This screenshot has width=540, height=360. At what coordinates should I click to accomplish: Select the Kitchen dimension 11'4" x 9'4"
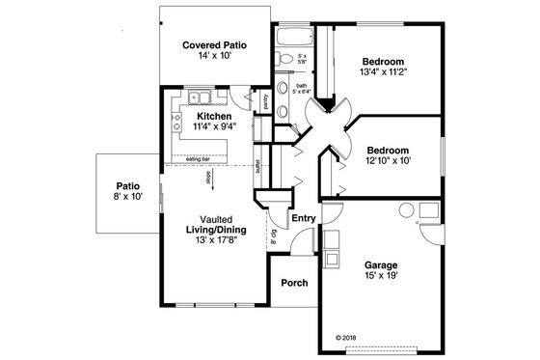[x=214, y=126]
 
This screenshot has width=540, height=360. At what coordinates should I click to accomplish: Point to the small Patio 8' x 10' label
[x=128, y=190]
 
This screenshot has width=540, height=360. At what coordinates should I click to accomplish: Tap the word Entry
[x=303, y=218]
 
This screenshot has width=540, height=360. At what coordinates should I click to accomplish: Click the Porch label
[x=294, y=283]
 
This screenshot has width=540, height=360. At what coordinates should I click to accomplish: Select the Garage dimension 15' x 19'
[x=381, y=275]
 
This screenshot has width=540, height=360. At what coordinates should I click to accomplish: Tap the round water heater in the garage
[x=405, y=209]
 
